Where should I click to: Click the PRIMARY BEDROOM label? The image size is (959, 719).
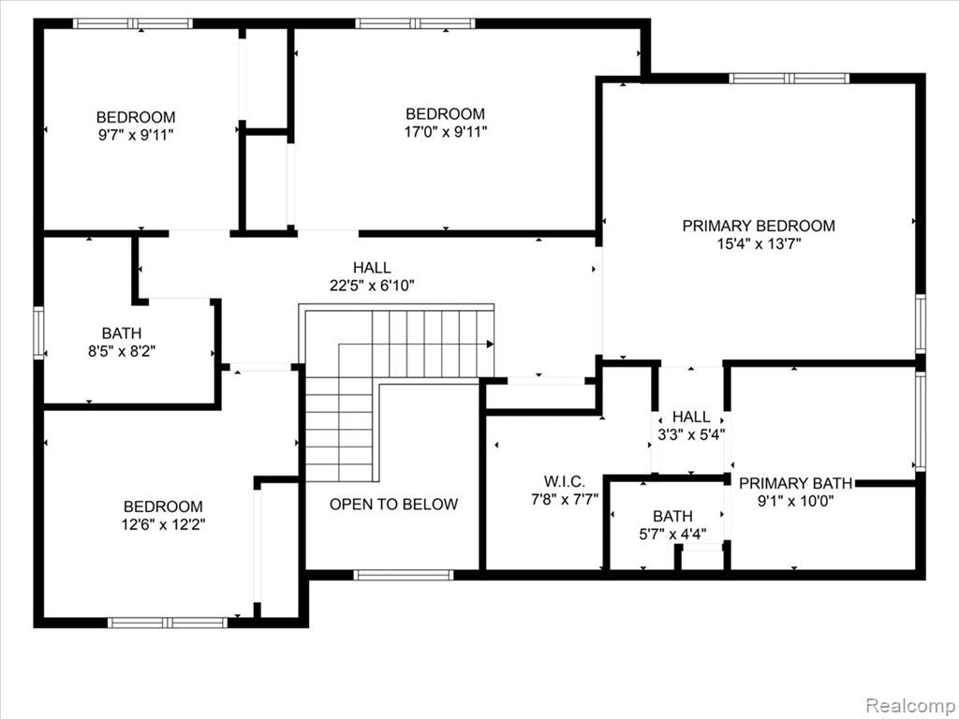tap(759, 226)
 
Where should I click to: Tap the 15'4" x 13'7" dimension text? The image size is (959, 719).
tap(759, 244)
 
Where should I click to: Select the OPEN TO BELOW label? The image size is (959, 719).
tap(393, 504)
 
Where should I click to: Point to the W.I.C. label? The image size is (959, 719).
tap(564, 481)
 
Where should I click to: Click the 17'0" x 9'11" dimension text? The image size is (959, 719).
tap(445, 131)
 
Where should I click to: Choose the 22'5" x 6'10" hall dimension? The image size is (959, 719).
tap(372, 285)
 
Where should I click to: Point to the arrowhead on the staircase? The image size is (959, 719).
tap(490, 345)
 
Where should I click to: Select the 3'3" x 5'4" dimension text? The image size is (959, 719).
tap(691, 434)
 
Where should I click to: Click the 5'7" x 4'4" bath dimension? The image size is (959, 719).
tap(672, 535)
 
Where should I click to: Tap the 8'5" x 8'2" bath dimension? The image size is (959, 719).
tap(122, 351)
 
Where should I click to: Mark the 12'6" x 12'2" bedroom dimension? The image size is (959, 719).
tap(163, 524)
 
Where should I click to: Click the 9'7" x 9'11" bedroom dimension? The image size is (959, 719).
tap(136, 135)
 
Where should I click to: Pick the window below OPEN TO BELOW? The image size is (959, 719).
tap(404, 575)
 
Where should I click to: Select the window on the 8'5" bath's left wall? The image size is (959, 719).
tap(38, 332)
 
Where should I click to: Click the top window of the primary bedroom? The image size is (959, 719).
tap(789, 79)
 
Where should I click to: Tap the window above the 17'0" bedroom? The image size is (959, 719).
tap(415, 23)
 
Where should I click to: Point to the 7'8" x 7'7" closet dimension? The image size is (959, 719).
tap(564, 499)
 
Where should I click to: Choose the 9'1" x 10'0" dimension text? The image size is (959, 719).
tap(795, 502)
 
